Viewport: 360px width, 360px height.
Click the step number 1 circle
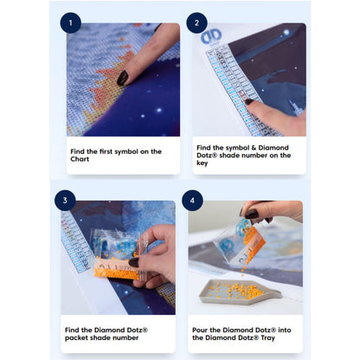(71, 22)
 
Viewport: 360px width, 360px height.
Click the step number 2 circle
(196, 22)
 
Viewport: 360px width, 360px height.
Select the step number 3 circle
(65, 200)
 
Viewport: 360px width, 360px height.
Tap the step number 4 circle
(192, 200)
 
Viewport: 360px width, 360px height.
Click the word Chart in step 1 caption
(80, 159)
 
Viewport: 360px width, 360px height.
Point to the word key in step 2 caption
(202, 164)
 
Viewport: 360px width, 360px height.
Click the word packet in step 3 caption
(76, 337)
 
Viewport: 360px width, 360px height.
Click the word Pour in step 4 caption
(200, 330)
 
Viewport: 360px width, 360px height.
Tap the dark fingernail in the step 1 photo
(122, 78)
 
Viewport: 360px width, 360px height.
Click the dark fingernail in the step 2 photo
(249, 101)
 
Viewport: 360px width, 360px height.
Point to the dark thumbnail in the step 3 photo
(133, 262)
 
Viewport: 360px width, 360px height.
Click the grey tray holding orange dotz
(240, 292)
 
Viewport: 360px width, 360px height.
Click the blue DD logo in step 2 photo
(211, 36)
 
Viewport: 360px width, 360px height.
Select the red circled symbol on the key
(241, 93)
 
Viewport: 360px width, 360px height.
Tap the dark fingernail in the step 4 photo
(252, 214)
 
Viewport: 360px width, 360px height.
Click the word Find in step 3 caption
(72, 330)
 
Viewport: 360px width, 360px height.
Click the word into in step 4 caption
(285, 330)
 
